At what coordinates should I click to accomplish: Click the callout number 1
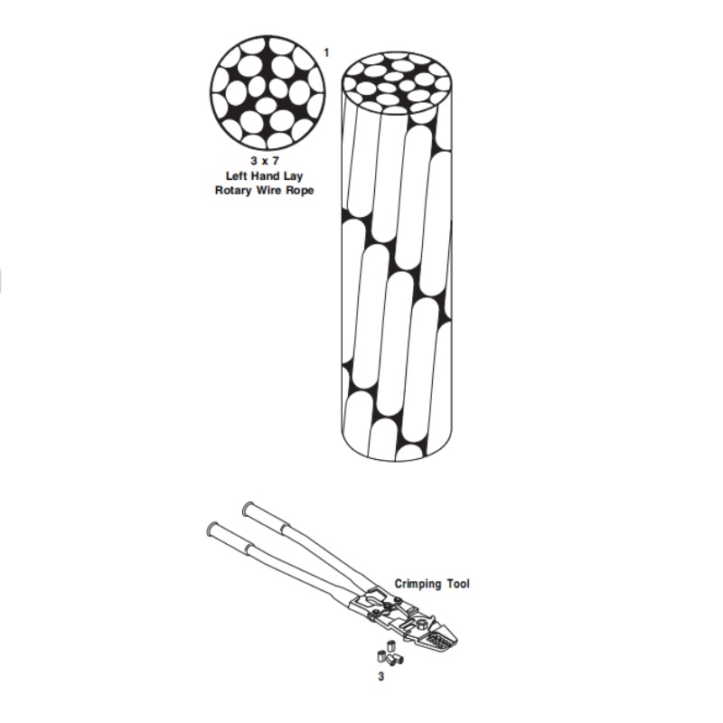pos(326,53)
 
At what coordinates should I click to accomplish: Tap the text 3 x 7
pos(268,159)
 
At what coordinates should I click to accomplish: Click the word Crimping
pos(418,584)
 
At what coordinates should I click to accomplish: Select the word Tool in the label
pos(458,584)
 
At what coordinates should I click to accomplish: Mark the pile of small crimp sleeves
pos(387,653)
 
